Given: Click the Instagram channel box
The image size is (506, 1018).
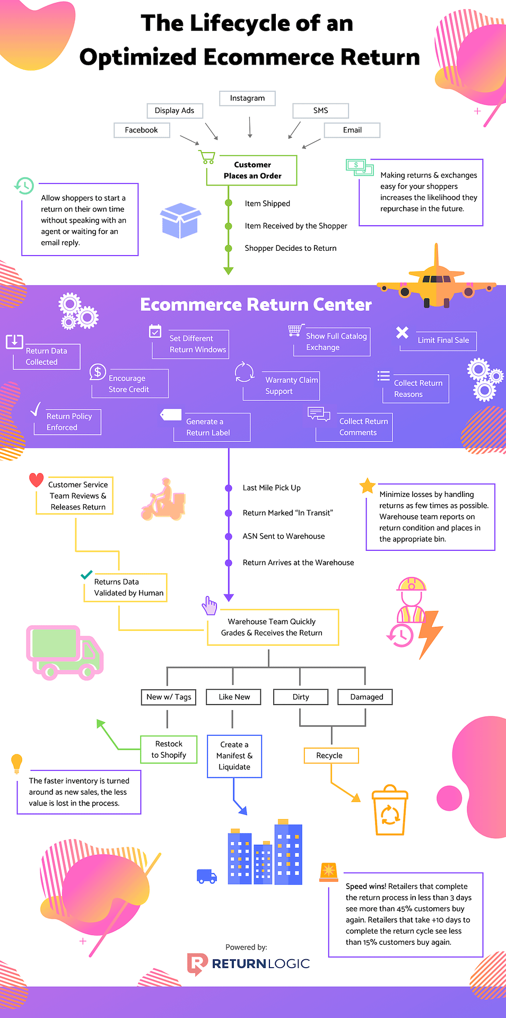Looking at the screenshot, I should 247,98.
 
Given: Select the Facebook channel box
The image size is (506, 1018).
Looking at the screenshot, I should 142,130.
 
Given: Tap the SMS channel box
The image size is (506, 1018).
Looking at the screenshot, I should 320,110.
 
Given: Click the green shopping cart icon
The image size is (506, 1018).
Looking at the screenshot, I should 207,157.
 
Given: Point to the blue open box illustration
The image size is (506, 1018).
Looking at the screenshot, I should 180,220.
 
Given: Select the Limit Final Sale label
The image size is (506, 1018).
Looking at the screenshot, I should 443,340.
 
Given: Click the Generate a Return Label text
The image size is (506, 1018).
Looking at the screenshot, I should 208,427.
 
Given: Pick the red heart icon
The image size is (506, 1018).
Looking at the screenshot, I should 36,480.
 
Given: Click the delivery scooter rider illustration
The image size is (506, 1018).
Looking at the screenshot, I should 164,500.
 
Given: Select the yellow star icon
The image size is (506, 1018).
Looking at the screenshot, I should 367,486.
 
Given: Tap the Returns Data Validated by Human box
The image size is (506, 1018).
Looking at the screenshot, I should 126,587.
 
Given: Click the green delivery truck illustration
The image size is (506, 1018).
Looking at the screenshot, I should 65,652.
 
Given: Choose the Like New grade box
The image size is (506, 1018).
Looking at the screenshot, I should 234,697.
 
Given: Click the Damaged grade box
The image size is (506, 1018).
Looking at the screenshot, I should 366,697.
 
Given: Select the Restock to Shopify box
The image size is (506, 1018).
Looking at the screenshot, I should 169,749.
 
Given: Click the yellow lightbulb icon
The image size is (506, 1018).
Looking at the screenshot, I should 17,763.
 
